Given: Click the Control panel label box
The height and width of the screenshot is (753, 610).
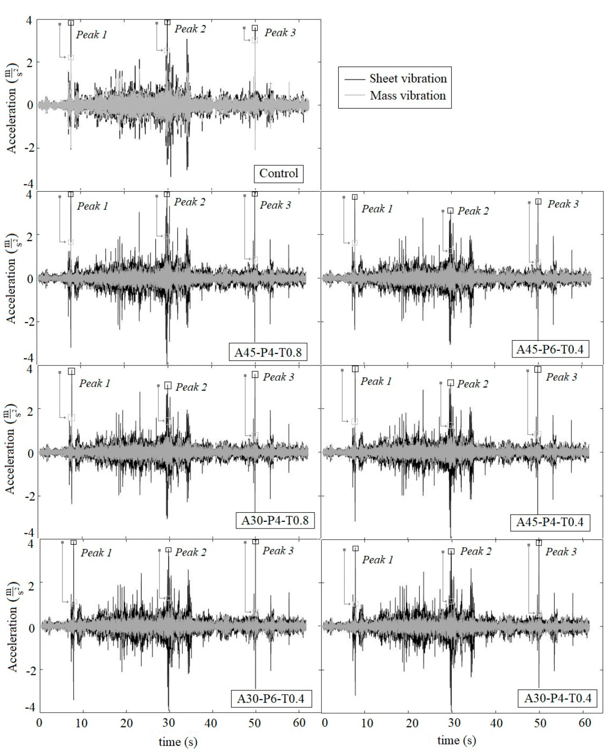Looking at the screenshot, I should click(279, 173).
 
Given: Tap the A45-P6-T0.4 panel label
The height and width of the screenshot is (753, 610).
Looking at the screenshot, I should click(550, 349).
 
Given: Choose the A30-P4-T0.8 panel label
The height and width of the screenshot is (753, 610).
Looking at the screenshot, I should click(275, 520).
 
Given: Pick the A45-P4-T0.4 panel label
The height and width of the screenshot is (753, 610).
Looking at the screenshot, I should click(550, 522).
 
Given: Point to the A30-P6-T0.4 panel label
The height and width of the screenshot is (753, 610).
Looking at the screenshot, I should click(271, 699).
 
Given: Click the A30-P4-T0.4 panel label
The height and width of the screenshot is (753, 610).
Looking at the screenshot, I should click(558, 698).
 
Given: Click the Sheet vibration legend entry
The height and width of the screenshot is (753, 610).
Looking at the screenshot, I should click(408, 79).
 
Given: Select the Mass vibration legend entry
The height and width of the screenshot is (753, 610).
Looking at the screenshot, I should click(407, 95).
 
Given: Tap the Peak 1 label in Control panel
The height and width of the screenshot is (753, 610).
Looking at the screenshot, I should click(91, 35).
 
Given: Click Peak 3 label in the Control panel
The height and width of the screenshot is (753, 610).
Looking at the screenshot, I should click(280, 32).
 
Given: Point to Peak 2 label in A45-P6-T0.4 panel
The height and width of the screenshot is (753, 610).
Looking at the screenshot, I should click(473, 211).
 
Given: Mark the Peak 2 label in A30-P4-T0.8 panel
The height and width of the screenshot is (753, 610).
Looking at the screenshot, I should click(192, 387).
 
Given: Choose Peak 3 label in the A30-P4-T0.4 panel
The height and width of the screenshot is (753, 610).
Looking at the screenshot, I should click(561, 552).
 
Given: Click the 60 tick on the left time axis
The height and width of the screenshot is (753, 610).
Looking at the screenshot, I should click(299, 723).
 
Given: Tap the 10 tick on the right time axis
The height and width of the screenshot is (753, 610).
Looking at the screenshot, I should click(367, 723).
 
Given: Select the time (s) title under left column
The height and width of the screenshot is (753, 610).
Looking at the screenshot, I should click(178, 742).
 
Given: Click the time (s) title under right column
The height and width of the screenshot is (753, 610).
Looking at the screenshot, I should click(457, 740).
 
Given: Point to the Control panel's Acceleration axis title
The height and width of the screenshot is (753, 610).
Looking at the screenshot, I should click(12, 108).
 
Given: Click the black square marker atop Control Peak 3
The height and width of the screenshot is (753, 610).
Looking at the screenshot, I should click(255, 28).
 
